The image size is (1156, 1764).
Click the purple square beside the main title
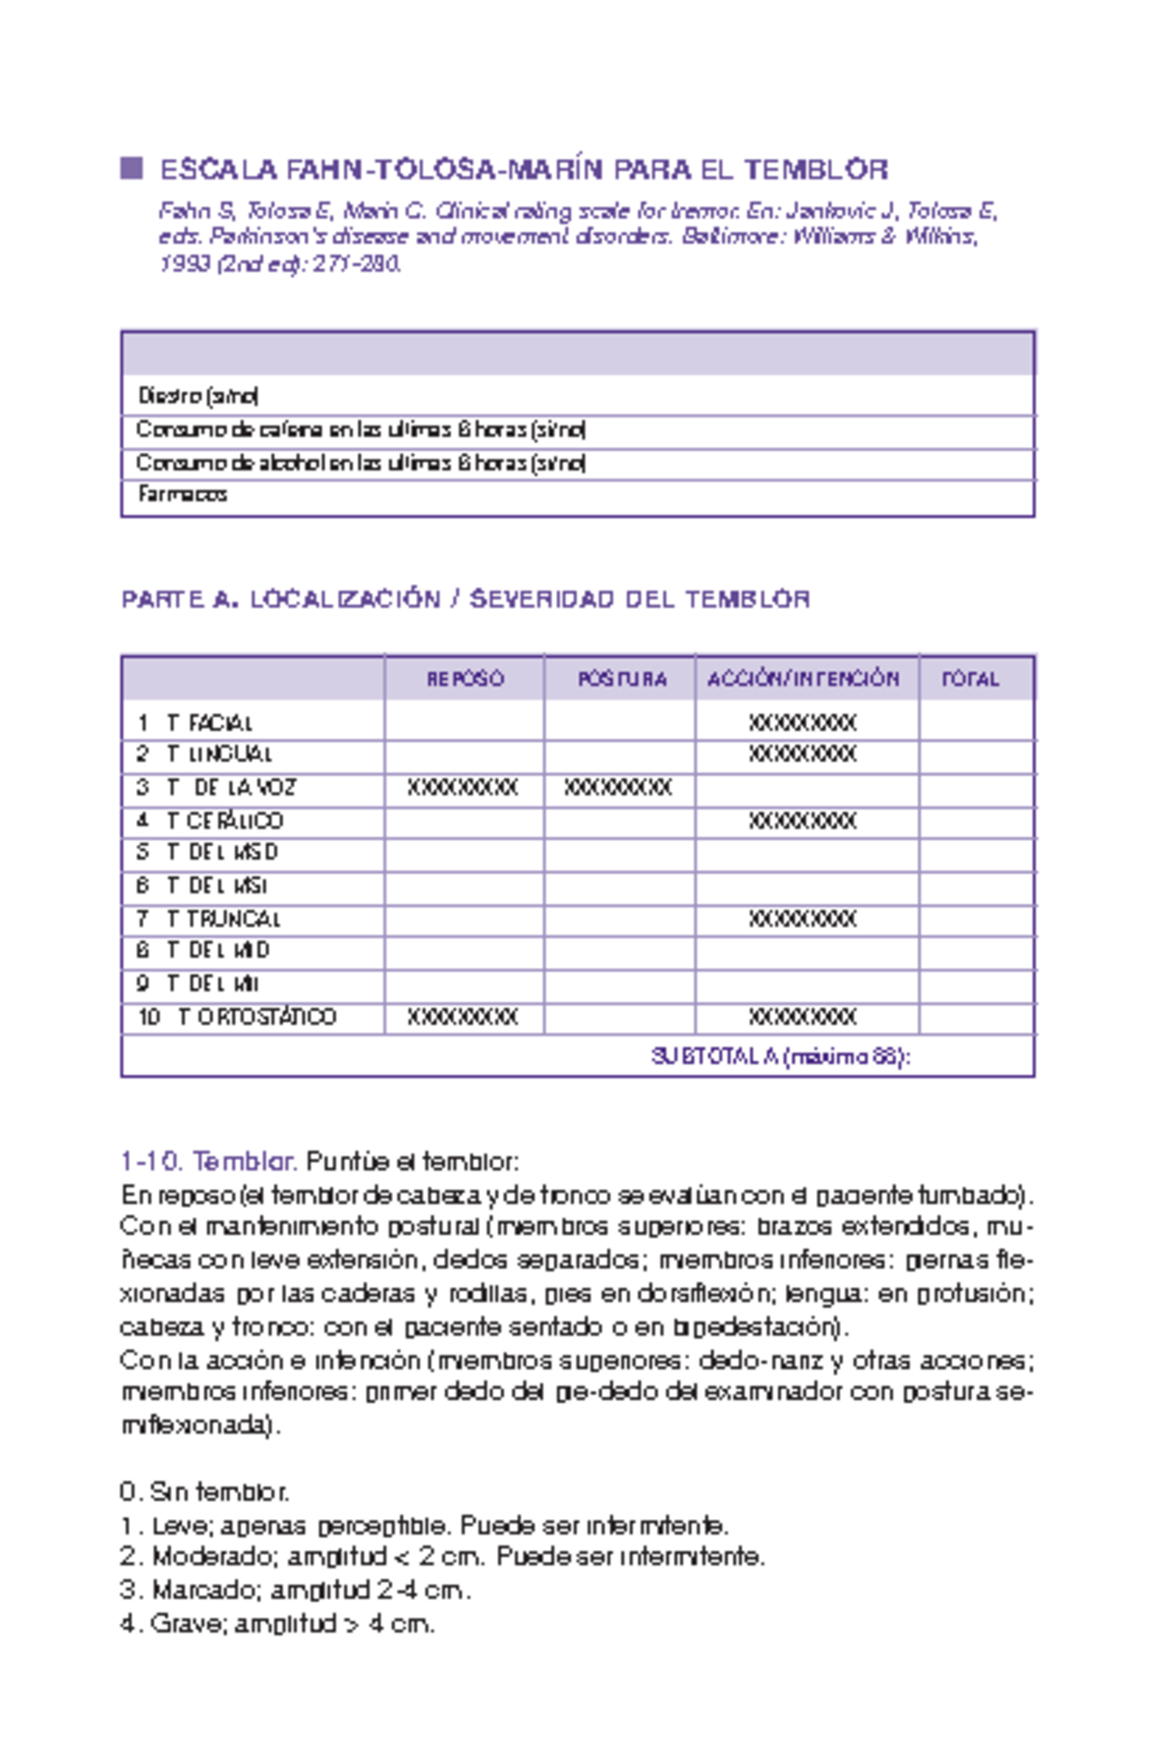[x=131, y=169]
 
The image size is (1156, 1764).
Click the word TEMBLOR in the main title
[x=815, y=171]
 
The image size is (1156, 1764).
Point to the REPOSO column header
[x=464, y=678]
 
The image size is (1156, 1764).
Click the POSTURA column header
[x=621, y=678]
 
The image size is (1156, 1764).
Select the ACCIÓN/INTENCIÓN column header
[x=802, y=678]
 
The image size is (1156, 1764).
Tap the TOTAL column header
[x=970, y=678]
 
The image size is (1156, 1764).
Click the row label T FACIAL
[x=208, y=723]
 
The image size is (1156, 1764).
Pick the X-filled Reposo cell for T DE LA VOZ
[x=462, y=788]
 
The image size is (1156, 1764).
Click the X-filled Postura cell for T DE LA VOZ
[x=617, y=788]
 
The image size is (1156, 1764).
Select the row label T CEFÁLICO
[x=223, y=821]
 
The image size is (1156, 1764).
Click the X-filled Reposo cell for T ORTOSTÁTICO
[x=462, y=1017]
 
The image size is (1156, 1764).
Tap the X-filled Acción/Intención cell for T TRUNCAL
[x=802, y=919]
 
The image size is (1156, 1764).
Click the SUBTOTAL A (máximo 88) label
[x=780, y=1056]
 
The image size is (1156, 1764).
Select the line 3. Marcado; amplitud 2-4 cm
[x=295, y=1590]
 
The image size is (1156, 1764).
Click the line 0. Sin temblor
[x=204, y=1491]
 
